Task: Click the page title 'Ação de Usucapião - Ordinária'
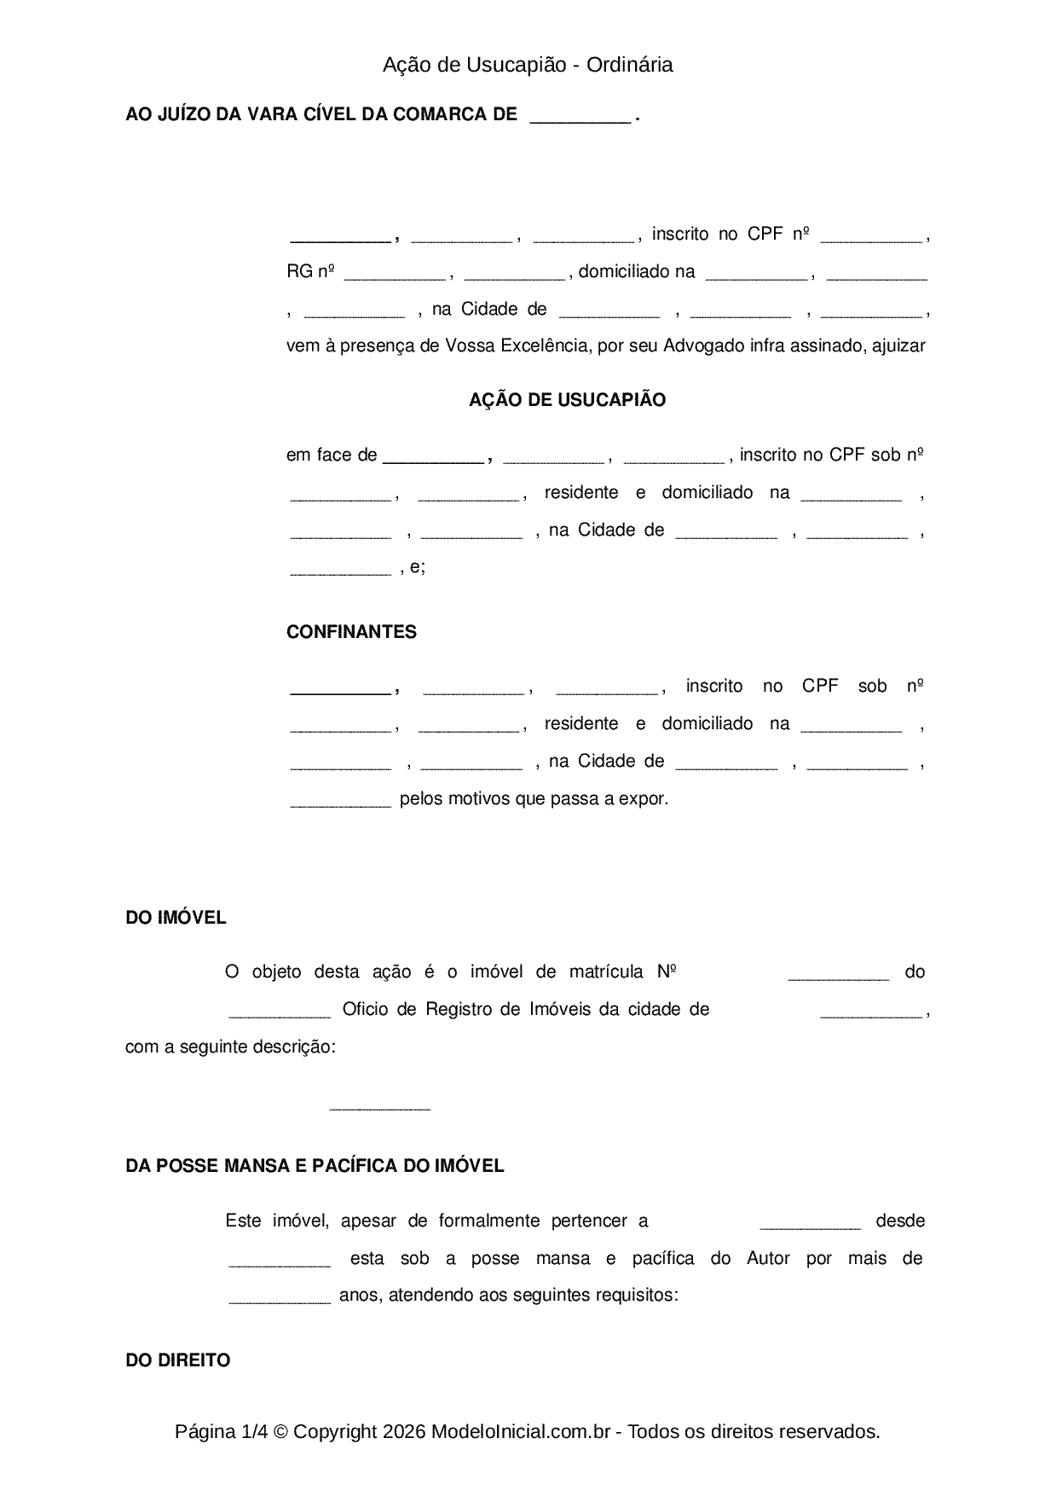tap(528, 65)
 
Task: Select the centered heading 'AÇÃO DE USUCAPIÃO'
tap(567, 400)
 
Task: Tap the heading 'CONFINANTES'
tap(351, 632)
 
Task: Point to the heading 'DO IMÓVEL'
tap(176, 918)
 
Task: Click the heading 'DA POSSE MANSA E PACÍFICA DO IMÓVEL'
tap(315, 1166)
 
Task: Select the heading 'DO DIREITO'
tap(177, 1360)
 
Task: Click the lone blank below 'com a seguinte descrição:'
tap(379, 1107)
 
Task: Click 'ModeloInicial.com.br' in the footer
tap(521, 1432)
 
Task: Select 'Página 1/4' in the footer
tap(220, 1432)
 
